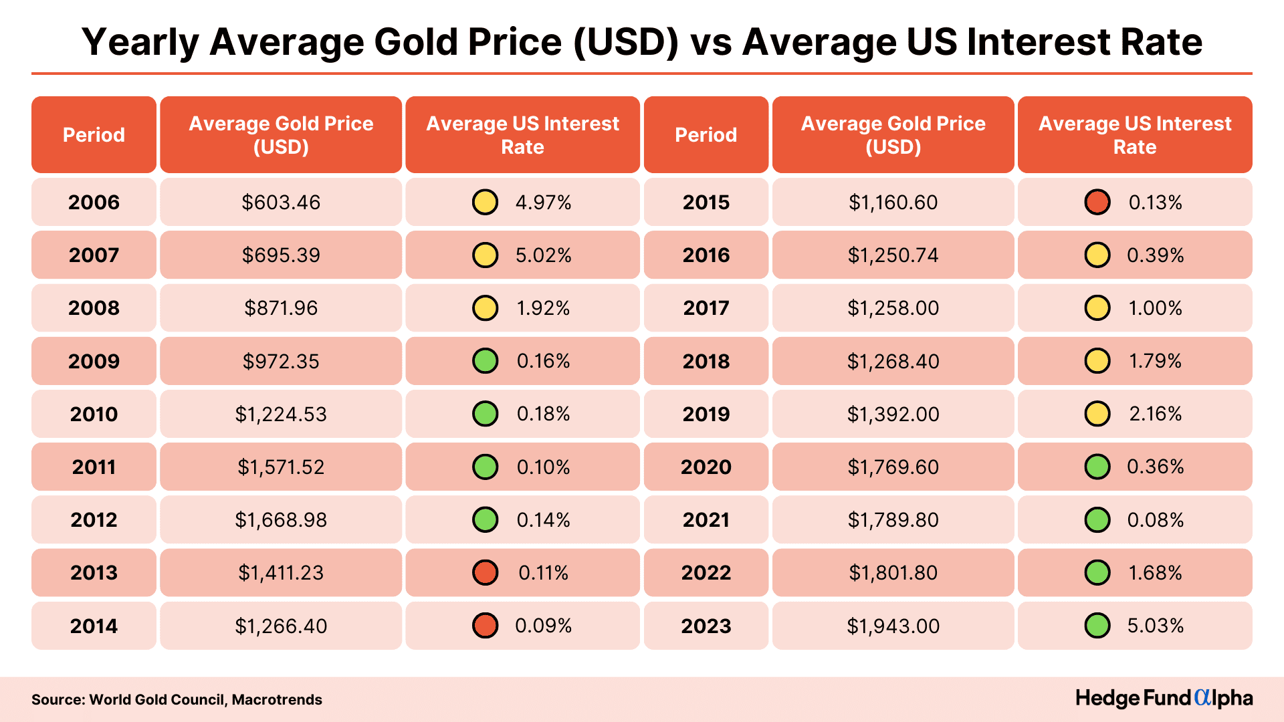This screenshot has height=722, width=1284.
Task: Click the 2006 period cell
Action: [94, 202]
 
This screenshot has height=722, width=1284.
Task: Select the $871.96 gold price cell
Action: [281, 308]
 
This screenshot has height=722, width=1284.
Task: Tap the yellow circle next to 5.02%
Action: [485, 255]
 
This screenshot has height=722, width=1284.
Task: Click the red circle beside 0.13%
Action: [1097, 202]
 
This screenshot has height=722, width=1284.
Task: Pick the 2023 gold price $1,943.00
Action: [893, 626]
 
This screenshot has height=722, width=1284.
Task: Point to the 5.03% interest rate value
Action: [1155, 626]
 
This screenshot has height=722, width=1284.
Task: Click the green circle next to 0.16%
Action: [485, 361]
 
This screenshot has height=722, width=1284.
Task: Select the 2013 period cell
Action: [94, 573]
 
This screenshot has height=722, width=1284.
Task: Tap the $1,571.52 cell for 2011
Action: [281, 467]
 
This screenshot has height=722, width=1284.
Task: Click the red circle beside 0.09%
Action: [485, 626]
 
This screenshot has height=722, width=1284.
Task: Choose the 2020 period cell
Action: [706, 467]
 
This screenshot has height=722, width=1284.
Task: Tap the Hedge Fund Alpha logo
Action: [1164, 698]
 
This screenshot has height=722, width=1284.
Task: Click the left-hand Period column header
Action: [94, 135]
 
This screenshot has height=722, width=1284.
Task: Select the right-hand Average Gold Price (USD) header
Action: [893, 135]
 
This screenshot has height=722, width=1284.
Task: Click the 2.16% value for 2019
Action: [1155, 414]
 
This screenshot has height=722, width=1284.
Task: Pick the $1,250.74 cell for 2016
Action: [893, 255]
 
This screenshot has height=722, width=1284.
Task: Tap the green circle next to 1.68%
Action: [1097, 573]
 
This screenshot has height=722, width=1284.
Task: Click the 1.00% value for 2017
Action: [1155, 308]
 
